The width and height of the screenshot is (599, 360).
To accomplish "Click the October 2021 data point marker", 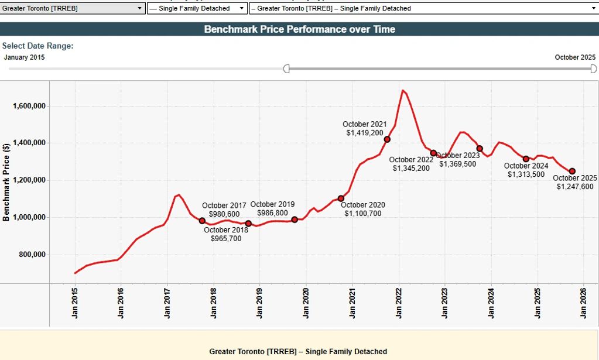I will (387, 139).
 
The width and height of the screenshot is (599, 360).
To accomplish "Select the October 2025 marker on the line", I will (572, 171).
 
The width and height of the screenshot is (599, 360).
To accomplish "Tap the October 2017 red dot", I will (202, 221).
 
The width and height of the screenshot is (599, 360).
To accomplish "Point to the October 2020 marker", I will (341, 198).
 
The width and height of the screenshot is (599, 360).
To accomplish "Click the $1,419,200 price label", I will (365, 133).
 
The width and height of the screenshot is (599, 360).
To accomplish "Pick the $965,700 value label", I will (226, 239).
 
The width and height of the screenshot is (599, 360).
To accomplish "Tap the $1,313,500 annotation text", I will (526, 174).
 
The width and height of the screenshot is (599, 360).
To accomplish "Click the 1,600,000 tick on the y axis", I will (29, 106).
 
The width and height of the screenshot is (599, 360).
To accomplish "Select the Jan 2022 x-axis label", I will (399, 304).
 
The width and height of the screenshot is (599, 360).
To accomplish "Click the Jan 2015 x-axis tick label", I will (75, 304).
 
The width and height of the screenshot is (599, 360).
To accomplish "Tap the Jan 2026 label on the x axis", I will (584, 304).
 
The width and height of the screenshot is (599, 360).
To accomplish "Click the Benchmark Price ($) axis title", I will (6, 182).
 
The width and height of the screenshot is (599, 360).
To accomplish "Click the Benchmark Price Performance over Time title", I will (299, 29).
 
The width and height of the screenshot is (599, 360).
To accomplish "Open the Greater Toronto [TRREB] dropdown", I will (73, 8).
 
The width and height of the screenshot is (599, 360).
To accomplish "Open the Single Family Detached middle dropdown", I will (197, 8).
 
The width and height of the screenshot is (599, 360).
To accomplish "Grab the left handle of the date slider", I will (286, 69).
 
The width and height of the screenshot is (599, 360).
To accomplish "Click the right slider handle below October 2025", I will (593, 69).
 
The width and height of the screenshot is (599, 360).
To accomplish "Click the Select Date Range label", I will (37, 46).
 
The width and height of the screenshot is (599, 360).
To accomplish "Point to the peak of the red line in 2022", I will (403, 91).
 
